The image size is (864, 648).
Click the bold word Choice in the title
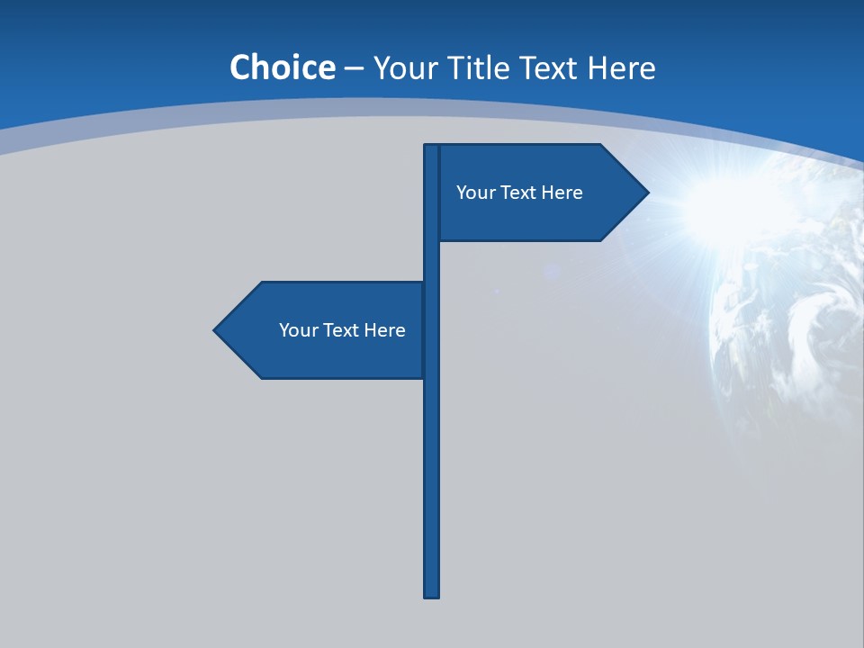coord(282,68)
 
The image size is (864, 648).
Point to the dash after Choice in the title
coord(354,68)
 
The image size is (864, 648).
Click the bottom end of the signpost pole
coord(431,594)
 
